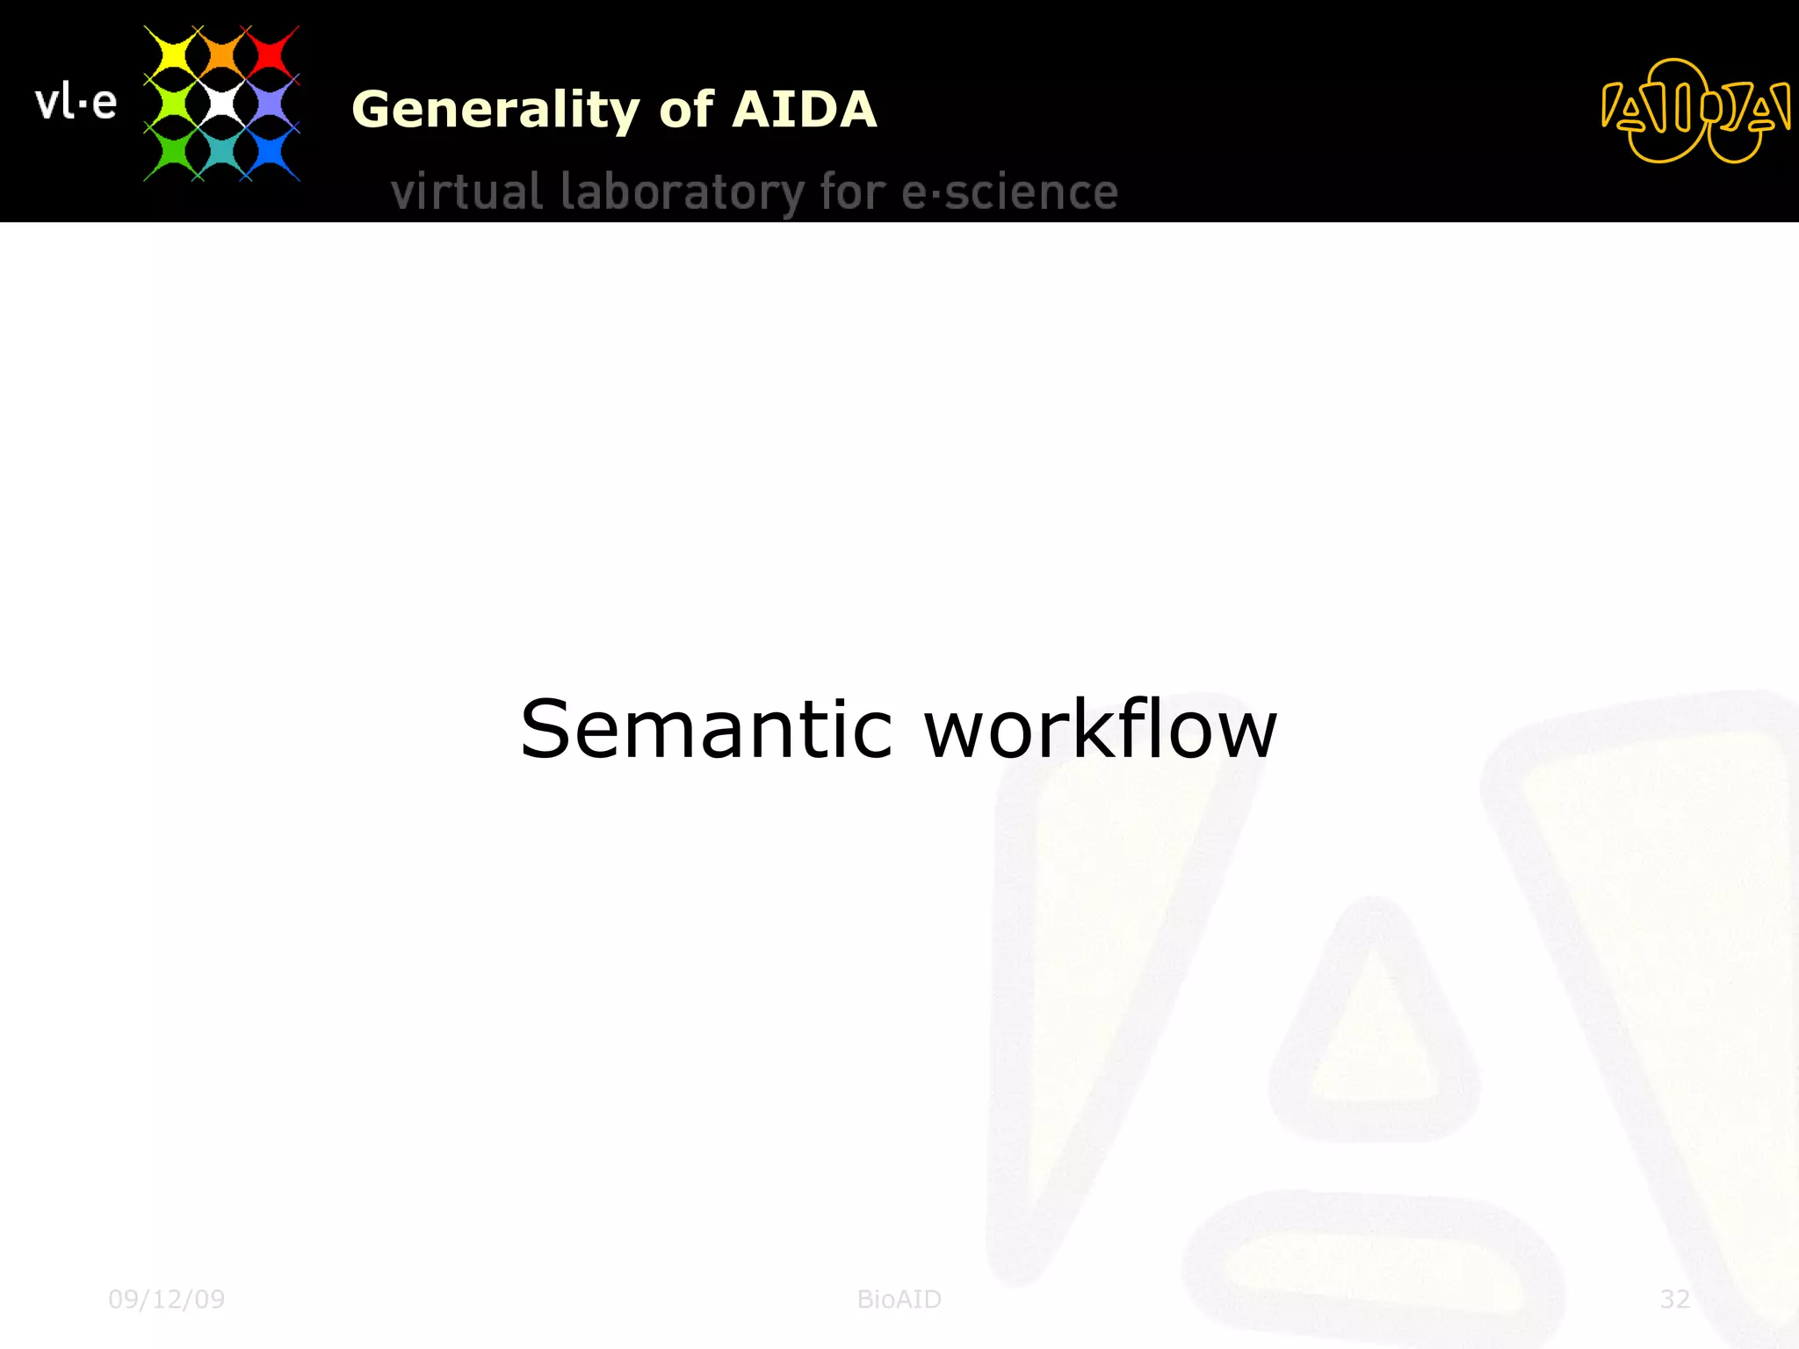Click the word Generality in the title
[496, 110]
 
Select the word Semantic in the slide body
[706, 729]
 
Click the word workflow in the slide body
[1101, 729]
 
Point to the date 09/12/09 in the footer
[166, 1299]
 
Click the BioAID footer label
[899, 1299]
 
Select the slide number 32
[1674, 1299]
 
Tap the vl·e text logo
[76, 103]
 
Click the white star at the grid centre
[221, 104]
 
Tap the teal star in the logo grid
[221, 153]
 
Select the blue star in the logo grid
[270, 153]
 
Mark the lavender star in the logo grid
[270, 104]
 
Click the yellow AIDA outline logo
[1694, 112]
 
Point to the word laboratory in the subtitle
[682, 192]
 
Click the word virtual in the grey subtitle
[466, 192]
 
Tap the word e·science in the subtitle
[1009, 192]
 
